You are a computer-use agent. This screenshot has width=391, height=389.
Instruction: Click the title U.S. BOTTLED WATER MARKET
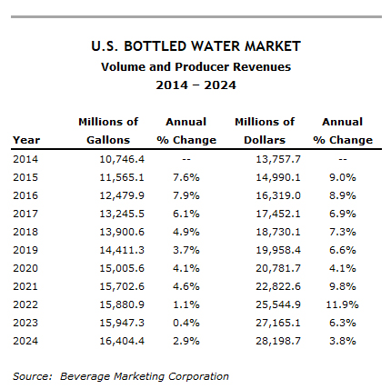pyautogui.click(x=195, y=46)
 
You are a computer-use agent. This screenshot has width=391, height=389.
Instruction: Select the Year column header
pyautogui.click(x=26, y=140)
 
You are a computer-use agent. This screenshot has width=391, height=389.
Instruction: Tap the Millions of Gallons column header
pyautogui.click(x=108, y=131)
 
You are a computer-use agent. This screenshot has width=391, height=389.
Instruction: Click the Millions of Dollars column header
pyautogui.click(x=265, y=131)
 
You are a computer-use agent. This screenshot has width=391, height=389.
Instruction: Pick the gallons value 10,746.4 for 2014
pyautogui.click(x=122, y=159)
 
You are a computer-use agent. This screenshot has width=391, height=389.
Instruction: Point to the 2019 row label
pyautogui.click(x=25, y=250)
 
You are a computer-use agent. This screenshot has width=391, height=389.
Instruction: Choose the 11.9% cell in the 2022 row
pyautogui.click(x=342, y=304)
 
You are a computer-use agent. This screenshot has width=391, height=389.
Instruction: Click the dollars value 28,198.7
pyautogui.click(x=278, y=341)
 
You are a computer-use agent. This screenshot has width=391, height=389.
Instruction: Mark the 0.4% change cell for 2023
pyautogui.click(x=186, y=323)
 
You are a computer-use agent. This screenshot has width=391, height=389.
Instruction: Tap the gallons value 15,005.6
pyautogui.click(x=122, y=268)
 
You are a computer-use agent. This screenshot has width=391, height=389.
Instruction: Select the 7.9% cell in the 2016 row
pyautogui.click(x=186, y=195)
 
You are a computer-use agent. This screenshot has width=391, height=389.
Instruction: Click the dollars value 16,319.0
pyautogui.click(x=278, y=195)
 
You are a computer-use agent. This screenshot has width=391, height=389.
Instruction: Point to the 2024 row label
pyautogui.click(x=25, y=341)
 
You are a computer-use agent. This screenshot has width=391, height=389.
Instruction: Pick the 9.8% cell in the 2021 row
pyautogui.click(x=343, y=286)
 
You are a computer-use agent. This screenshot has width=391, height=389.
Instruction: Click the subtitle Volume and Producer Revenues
pyautogui.click(x=195, y=67)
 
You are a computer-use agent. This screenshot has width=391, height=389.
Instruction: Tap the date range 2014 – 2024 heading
pyautogui.click(x=195, y=85)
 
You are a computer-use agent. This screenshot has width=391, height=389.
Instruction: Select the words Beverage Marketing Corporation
pyautogui.click(x=145, y=376)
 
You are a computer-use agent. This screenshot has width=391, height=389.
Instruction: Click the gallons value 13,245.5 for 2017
pyautogui.click(x=122, y=214)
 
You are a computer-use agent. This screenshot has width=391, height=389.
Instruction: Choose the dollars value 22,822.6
pyautogui.click(x=278, y=286)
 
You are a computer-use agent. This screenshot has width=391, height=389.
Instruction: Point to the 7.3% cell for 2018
pyautogui.click(x=343, y=232)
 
